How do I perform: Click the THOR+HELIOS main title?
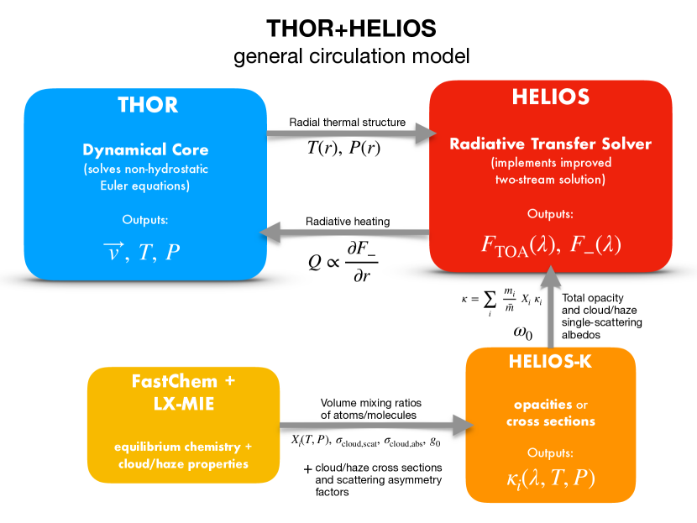pos(351,29)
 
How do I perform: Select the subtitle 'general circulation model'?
pos(351,57)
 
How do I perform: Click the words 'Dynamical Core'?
pos(145,150)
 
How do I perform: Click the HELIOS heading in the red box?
pos(550,97)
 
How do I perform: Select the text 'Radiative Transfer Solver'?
pos(550,144)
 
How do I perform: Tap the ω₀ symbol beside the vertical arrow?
pos(523,332)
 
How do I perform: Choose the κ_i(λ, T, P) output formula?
pos(550,481)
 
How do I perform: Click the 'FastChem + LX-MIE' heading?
pos(183,391)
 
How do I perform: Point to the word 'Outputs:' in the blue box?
pos(145,220)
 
